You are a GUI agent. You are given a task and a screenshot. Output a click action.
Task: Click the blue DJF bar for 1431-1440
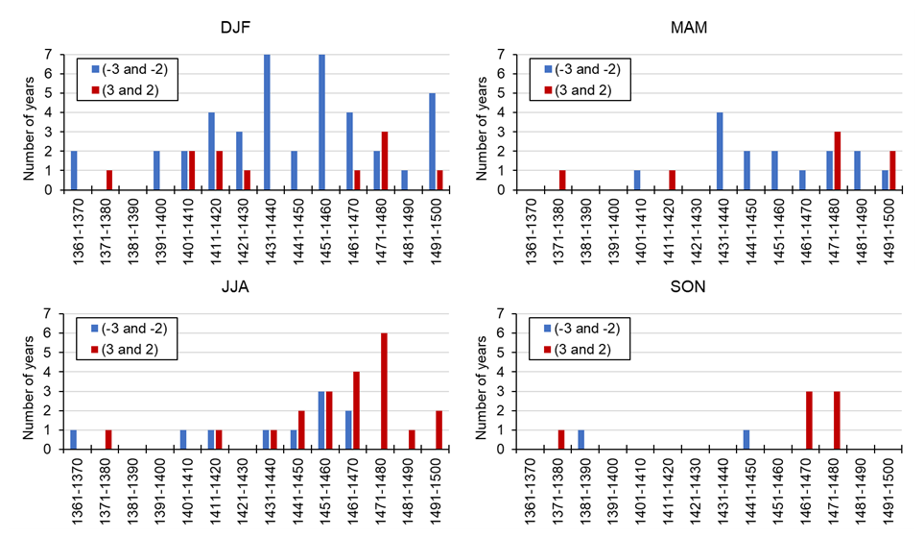(x=267, y=122)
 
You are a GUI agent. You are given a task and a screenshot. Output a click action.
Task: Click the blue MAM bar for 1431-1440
(x=718, y=151)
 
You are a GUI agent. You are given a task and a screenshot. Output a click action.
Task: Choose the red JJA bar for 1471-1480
(x=385, y=390)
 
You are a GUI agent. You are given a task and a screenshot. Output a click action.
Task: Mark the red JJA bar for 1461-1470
(x=357, y=409)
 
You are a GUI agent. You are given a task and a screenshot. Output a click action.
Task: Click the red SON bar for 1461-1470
(x=809, y=419)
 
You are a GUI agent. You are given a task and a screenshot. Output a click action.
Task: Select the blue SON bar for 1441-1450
(x=746, y=438)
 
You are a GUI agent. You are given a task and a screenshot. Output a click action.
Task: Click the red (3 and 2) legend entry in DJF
(x=130, y=90)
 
